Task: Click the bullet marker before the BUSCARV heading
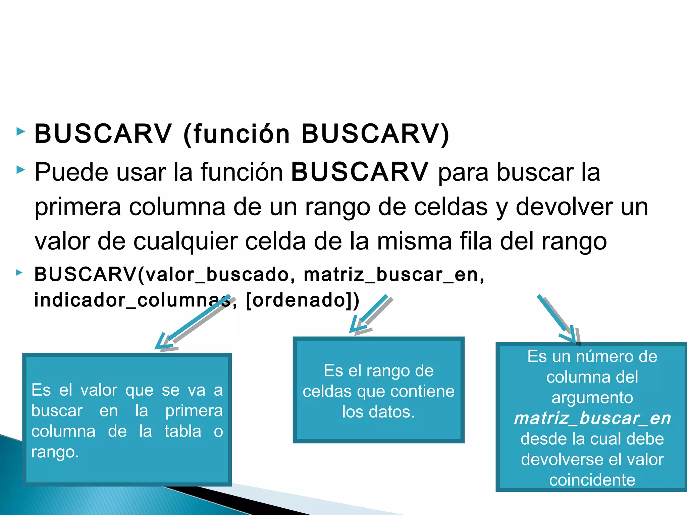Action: pos(21,132)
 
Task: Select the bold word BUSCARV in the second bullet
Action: pos(359,172)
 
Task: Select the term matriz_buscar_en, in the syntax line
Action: pos(394,275)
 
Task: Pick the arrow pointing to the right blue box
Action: pos(559,320)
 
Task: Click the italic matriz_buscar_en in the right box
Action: pos(592,418)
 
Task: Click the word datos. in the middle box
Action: pos(391,412)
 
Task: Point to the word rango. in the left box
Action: pos(55,452)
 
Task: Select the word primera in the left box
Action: pos(194,411)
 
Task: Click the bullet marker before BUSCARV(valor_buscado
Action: pos(19,273)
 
